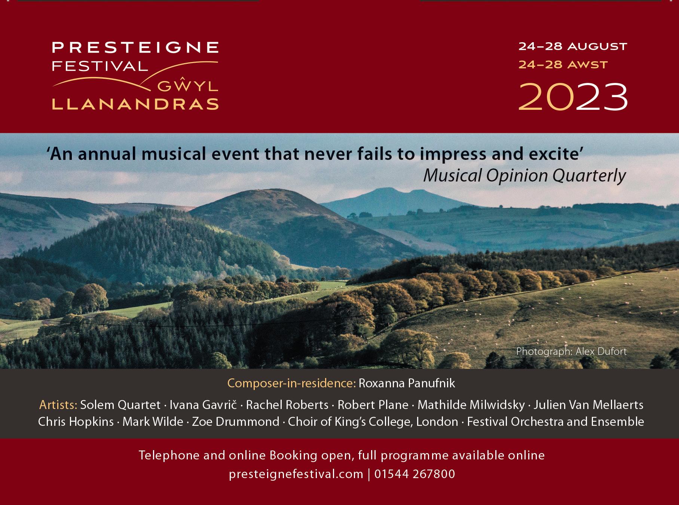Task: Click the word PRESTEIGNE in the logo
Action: (x=135, y=47)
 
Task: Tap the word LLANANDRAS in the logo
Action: (x=135, y=103)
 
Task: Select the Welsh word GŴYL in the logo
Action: (x=188, y=85)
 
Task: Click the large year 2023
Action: (x=573, y=97)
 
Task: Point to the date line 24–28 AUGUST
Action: (x=573, y=47)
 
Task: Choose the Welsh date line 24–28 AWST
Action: (x=563, y=65)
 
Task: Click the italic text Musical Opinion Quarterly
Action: (x=524, y=176)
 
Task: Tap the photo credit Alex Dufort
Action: (x=601, y=351)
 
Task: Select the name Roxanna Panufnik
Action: (x=407, y=383)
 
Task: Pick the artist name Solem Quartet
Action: (x=120, y=405)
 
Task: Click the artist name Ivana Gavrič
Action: (x=203, y=405)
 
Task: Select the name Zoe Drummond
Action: (x=236, y=422)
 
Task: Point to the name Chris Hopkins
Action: (x=76, y=422)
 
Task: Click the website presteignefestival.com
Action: (x=296, y=474)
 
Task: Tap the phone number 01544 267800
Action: (x=415, y=474)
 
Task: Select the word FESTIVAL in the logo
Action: (x=100, y=66)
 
